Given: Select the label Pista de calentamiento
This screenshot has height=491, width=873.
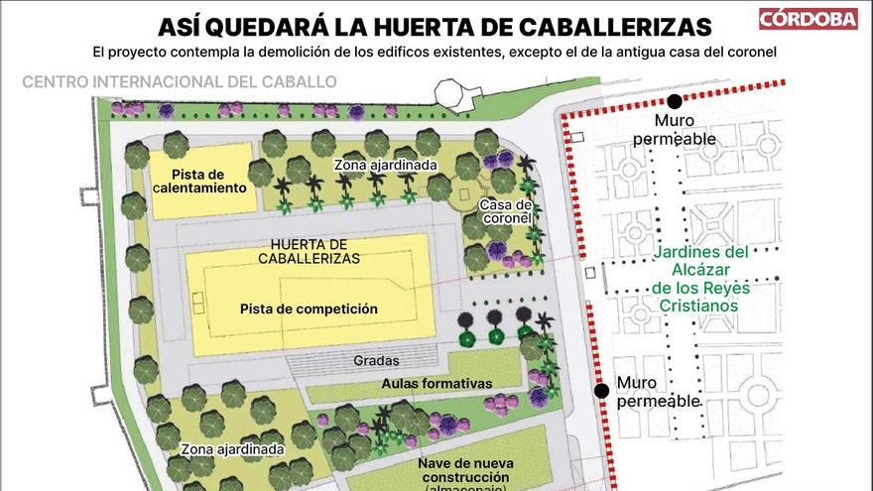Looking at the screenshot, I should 200,182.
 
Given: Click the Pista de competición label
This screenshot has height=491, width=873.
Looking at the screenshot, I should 309,308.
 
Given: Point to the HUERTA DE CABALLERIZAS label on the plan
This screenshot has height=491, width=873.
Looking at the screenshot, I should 309,251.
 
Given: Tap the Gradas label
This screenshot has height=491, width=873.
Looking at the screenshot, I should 376,361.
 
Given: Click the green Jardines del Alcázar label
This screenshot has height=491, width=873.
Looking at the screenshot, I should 701,279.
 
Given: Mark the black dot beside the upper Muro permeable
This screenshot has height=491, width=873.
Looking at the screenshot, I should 675,101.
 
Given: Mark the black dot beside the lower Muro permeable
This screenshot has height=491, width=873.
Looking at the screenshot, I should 601,391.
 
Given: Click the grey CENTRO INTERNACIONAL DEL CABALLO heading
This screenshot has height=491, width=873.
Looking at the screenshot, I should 179,81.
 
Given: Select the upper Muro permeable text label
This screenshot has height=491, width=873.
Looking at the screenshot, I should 675,130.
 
